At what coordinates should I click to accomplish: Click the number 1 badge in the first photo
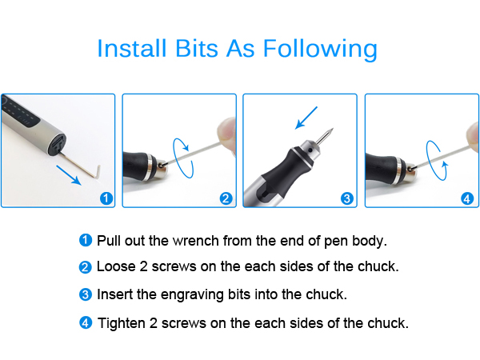[x=106, y=198]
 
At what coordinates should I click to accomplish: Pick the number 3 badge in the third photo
[x=346, y=198]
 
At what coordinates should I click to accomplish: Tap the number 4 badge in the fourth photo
[x=465, y=198]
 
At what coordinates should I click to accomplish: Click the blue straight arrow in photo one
[x=72, y=174]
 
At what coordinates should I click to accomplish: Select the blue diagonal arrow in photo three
[x=306, y=118]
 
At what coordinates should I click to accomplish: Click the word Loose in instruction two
[x=114, y=267]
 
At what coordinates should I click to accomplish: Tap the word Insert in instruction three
[x=114, y=294]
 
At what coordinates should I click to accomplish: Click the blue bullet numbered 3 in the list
[x=86, y=294]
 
